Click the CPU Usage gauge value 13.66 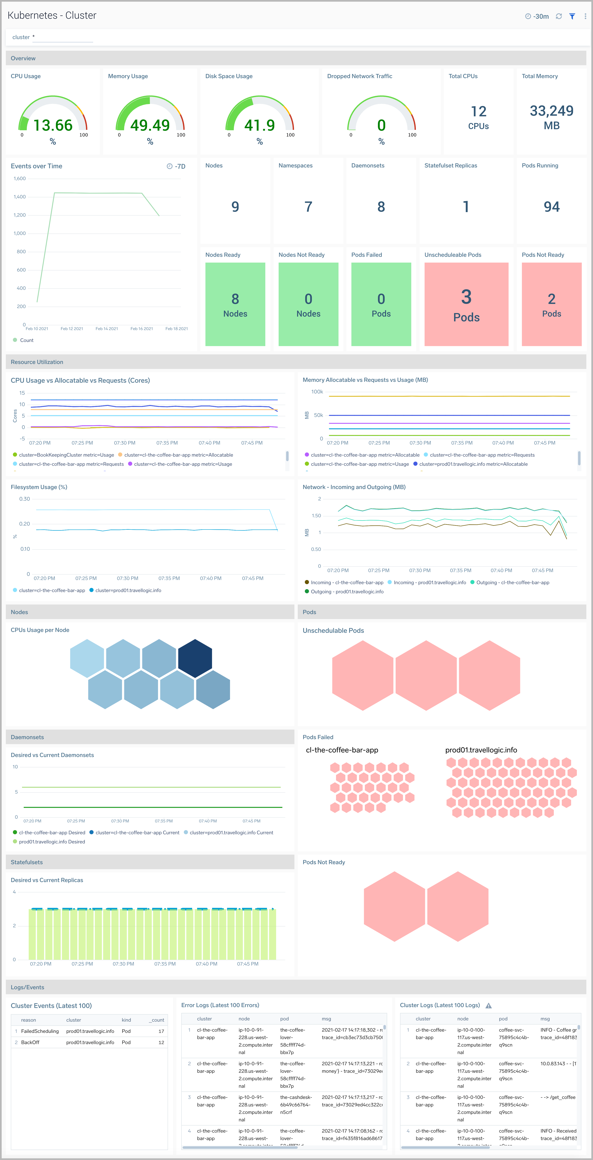(x=53, y=125)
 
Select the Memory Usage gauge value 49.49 (x=150, y=125)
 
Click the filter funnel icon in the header (x=572, y=16)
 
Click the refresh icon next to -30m (x=559, y=16)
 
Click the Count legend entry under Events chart (x=26, y=340)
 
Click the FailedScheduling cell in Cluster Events (x=40, y=1031)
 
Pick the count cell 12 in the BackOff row (x=161, y=1042)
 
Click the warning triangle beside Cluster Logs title (x=488, y=1005)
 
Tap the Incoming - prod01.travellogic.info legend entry (x=429, y=583)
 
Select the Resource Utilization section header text (x=37, y=362)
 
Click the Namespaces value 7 (x=308, y=207)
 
